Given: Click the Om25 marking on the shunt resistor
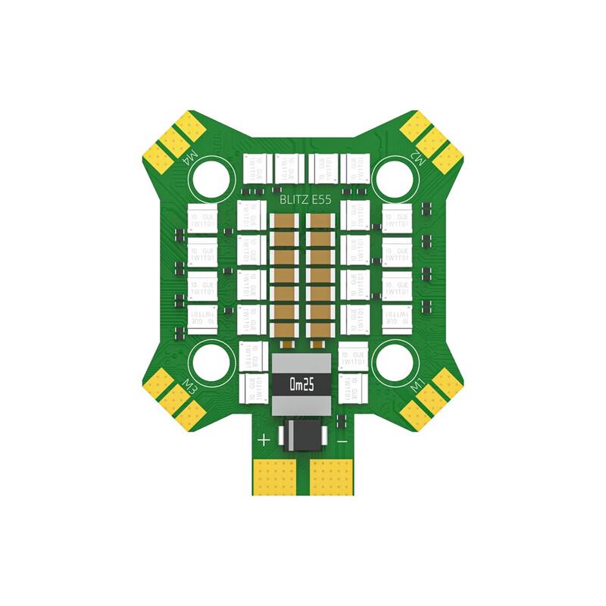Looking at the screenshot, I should click(x=301, y=386).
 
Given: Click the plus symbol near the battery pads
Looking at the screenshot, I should click(x=264, y=439).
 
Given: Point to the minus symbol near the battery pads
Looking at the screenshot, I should click(x=342, y=439).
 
